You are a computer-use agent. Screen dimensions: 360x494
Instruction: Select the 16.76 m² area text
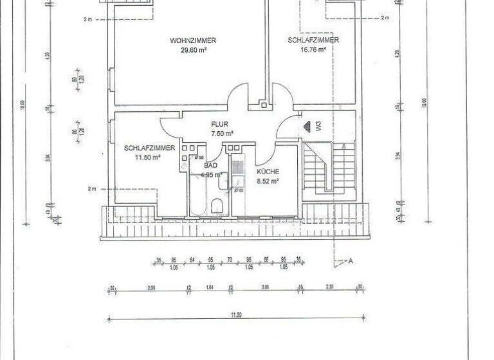pyautogui.click(x=313, y=48)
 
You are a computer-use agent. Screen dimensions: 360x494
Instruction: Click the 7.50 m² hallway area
pyautogui.click(x=222, y=134)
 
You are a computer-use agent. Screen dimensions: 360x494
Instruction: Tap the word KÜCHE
pyautogui.click(x=267, y=172)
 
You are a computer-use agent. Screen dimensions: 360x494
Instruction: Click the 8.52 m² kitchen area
pyautogui.click(x=267, y=181)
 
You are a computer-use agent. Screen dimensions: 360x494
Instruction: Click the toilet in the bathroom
pyautogui.click(x=217, y=206)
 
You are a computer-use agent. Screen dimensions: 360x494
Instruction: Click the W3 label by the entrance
pyautogui.click(x=318, y=126)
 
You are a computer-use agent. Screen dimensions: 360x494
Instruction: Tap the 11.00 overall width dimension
pyautogui.click(x=236, y=315)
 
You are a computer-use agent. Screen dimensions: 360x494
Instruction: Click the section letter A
pyautogui.click(x=351, y=261)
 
